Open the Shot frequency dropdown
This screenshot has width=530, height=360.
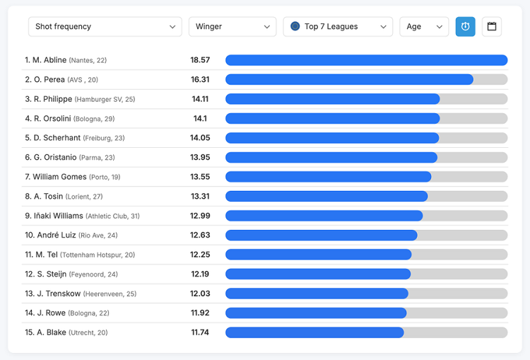click(105, 27)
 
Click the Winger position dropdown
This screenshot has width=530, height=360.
click(232, 27)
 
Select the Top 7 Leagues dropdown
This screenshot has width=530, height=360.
click(338, 27)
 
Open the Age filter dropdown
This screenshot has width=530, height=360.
click(424, 27)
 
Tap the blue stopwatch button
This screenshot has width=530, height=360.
click(465, 27)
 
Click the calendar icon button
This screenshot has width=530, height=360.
click(492, 27)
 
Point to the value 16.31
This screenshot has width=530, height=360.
click(200, 80)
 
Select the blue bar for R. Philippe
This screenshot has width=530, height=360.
click(332, 99)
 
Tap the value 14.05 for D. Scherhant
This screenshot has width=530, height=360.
click(200, 138)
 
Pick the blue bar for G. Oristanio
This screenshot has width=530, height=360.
click(331, 158)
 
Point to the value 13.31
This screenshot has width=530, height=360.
click(200, 197)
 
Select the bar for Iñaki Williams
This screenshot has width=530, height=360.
click(324, 216)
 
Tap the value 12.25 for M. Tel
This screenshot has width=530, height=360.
click(200, 255)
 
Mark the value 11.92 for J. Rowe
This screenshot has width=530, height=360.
click(200, 313)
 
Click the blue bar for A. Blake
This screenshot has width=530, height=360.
click(314, 332)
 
